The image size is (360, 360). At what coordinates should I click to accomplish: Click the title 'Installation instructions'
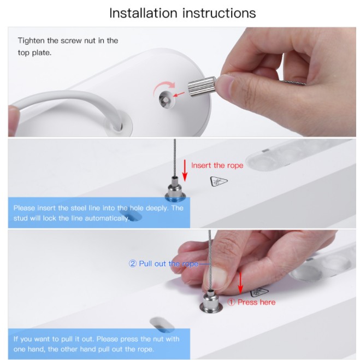point(182,13)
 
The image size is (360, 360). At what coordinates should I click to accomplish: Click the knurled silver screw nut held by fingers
point(202,87)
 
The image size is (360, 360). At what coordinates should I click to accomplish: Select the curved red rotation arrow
point(164,88)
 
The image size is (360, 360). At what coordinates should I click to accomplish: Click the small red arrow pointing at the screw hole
point(179,94)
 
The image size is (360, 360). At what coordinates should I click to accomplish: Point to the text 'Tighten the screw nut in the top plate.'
point(68,46)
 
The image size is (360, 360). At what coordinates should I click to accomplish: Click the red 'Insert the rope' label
point(217,166)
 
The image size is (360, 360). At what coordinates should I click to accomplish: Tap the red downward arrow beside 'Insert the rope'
point(185,170)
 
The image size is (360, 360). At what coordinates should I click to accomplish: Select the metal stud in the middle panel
point(175,188)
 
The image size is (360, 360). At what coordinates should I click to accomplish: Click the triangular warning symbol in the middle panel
point(219,181)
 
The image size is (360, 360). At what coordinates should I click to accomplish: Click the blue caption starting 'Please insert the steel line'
point(98,213)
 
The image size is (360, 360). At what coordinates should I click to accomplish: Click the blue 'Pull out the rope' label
point(168,263)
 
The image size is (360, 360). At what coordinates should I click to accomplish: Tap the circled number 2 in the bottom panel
point(133,263)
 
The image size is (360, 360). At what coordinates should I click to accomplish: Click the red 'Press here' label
point(256,302)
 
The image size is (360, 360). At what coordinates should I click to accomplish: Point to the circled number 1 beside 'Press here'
point(231,302)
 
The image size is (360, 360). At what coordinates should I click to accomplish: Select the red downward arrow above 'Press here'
point(240,282)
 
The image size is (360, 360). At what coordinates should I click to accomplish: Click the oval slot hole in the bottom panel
point(162,324)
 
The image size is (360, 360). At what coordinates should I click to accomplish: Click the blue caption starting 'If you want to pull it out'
point(97,344)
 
